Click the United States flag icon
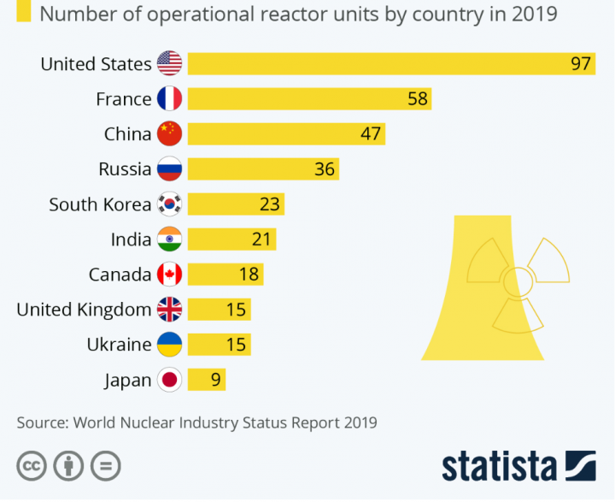coord(169,63)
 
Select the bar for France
coord(308,98)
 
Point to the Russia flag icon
coord(169,168)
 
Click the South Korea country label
coord(100,204)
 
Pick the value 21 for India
coord(261,239)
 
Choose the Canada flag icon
coord(169,275)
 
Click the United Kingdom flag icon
coord(169,310)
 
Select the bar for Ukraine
coord(219,345)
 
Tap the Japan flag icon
coord(169,380)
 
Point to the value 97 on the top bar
coord(581,63)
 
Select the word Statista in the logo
coord(499,466)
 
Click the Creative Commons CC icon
coord(31,466)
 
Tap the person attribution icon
coord(68,466)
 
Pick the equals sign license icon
coord(106,466)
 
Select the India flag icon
coord(169,239)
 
